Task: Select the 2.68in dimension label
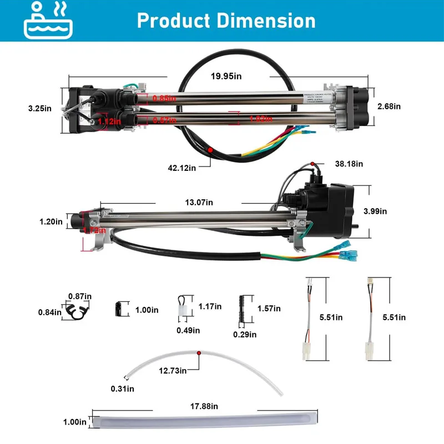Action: (x=389, y=105)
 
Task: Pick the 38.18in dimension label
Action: (x=349, y=164)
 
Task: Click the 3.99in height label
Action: (x=375, y=211)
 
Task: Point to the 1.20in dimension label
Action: (x=52, y=221)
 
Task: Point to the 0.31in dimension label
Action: (x=123, y=389)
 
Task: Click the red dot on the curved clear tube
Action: (x=198, y=352)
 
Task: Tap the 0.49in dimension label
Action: (x=189, y=330)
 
